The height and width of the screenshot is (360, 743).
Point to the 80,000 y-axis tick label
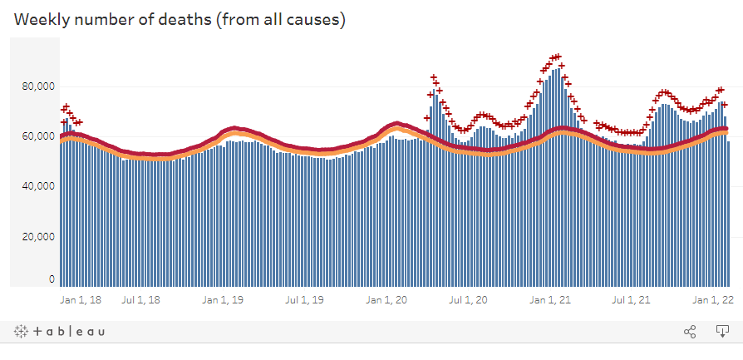[x=38, y=86]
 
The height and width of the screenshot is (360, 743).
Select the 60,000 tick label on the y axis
[x=38, y=136]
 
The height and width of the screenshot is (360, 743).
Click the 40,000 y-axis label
[x=38, y=186]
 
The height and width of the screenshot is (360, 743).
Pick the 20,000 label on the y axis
[x=38, y=236]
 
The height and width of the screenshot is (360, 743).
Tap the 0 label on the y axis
[x=52, y=279]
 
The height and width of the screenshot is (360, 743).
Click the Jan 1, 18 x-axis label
[x=81, y=299]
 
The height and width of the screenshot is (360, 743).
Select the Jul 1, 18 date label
[x=140, y=299]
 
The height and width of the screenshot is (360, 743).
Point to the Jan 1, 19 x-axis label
[x=223, y=299]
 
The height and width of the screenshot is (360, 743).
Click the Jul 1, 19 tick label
[x=305, y=299]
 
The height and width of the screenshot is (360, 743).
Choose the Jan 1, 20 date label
[x=386, y=299]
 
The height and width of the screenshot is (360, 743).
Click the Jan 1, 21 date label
[x=550, y=299]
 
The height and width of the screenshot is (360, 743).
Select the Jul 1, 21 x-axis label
[x=632, y=299]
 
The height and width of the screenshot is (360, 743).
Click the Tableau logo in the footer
[x=59, y=332]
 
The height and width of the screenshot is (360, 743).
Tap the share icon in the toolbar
[x=690, y=332]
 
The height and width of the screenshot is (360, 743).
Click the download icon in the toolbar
[x=722, y=332]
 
